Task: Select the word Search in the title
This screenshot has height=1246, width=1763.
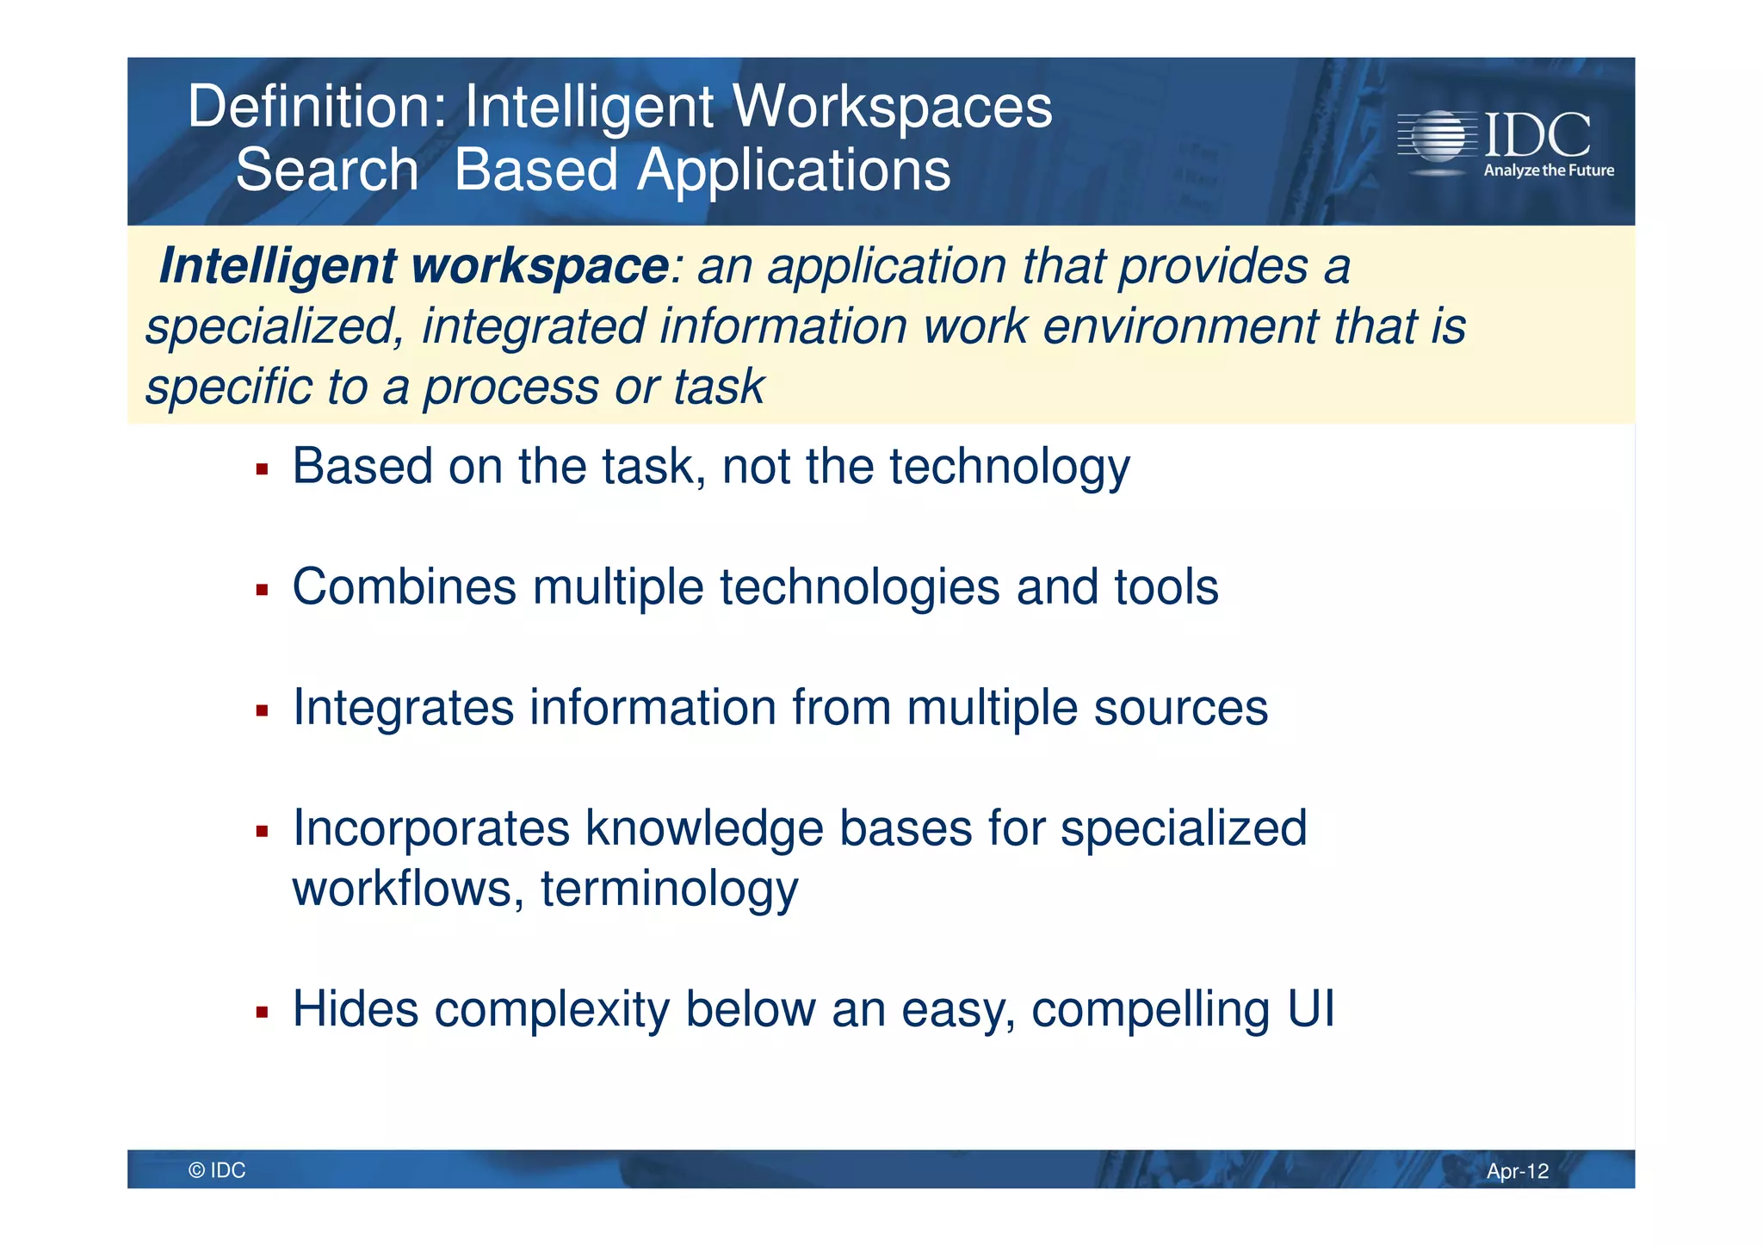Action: click(x=327, y=170)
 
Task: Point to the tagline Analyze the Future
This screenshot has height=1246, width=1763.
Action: click(x=1548, y=170)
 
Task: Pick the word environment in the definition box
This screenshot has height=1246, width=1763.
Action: click(x=1180, y=327)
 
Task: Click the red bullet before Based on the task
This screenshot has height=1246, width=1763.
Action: click(x=263, y=470)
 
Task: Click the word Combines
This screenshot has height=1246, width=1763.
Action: click(x=405, y=587)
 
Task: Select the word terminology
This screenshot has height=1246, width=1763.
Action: click(x=669, y=890)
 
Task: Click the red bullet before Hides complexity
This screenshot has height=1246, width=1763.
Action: click(x=263, y=1013)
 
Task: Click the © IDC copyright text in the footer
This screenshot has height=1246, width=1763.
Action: click(x=217, y=1170)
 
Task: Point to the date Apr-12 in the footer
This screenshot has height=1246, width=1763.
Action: click(x=1517, y=1171)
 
